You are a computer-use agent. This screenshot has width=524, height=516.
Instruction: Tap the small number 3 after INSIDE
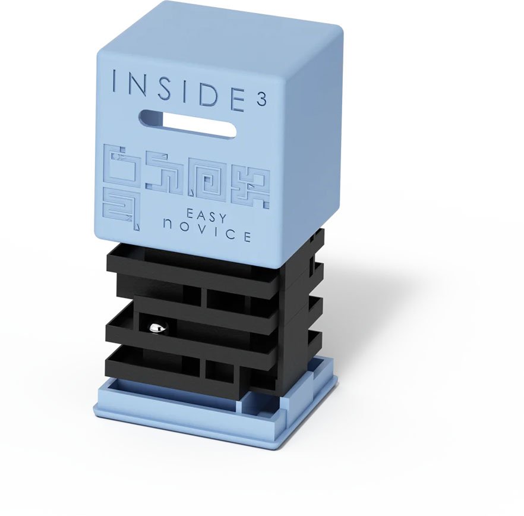click(261, 100)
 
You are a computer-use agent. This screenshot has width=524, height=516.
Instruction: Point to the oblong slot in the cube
click(188, 124)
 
